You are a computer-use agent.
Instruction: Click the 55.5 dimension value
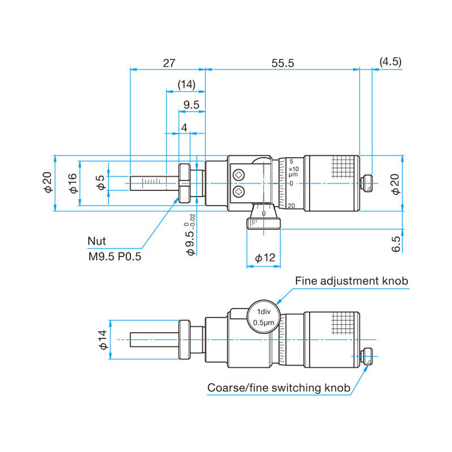click(x=282, y=63)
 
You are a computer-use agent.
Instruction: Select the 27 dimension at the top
click(x=168, y=63)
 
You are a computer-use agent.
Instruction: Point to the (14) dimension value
click(x=186, y=85)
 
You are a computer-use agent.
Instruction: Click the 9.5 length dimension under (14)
click(x=192, y=105)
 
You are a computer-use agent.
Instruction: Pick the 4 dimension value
click(x=184, y=128)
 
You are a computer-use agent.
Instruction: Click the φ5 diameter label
click(x=101, y=183)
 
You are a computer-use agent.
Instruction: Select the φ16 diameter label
click(x=72, y=183)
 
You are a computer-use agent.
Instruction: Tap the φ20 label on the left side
click(x=47, y=183)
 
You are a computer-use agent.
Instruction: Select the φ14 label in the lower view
click(x=103, y=339)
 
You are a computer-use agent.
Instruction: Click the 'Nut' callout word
click(x=96, y=241)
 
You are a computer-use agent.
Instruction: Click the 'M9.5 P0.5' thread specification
click(x=114, y=257)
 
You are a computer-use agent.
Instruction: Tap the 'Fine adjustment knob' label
click(x=351, y=281)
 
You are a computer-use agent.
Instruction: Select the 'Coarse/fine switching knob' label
click(x=279, y=388)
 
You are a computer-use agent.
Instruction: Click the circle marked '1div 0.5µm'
click(x=263, y=317)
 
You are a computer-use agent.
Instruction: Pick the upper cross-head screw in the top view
click(x=240, y=176)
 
